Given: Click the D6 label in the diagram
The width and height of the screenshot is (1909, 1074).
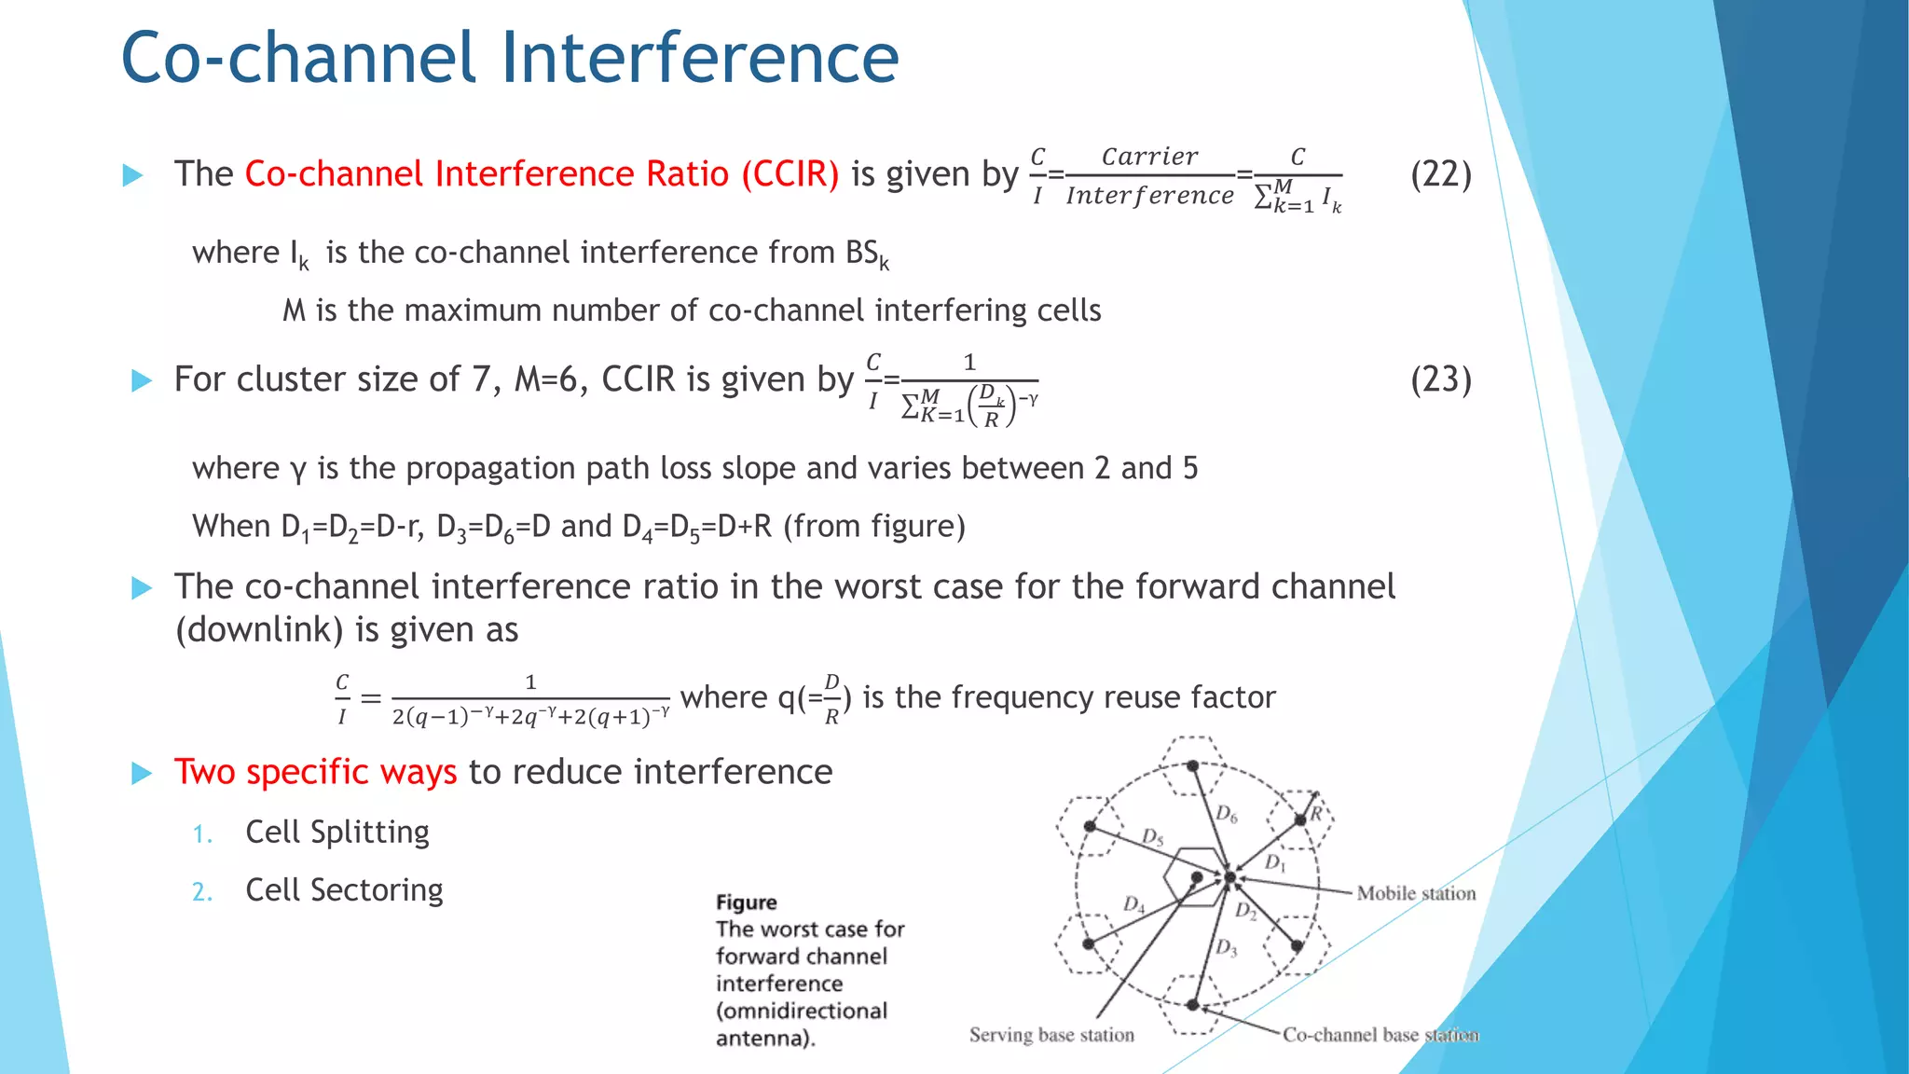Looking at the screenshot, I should click(1227, 814).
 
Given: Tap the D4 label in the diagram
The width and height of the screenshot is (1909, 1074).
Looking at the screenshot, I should click(1133, 903).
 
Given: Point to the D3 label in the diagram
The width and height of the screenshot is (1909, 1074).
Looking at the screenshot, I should click(1227, 948).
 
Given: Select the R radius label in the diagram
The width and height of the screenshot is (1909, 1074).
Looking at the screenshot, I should click(1317, 813).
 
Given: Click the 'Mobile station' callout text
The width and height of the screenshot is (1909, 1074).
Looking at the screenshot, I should click(1416, 893).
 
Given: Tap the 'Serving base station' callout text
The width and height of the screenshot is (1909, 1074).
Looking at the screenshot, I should click(1051, 1035).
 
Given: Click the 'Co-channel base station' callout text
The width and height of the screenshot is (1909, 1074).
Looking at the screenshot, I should click(1380, 1035).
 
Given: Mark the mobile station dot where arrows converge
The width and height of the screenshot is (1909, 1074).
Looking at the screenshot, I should click(1230, 877).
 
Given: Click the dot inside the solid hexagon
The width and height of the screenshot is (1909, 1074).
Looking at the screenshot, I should click(1197, 877).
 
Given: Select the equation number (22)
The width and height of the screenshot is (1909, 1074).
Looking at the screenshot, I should click(1440, 174).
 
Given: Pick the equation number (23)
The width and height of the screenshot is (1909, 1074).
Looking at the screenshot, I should click(1440, 379).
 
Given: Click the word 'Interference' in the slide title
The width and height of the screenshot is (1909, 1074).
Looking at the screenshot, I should click(700, 58).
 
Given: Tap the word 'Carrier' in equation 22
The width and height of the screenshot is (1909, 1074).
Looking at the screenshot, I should click(1150, 157).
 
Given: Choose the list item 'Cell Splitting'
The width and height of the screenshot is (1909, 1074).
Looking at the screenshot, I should click(337, 832).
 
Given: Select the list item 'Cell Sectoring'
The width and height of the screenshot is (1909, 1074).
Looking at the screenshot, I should click(344, 890).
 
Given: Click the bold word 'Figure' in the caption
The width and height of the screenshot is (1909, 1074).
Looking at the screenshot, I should click(746, 902).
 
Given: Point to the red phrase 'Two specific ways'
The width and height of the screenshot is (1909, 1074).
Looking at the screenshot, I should click(315, 772).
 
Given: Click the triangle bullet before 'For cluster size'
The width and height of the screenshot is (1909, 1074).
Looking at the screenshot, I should click(142, 380).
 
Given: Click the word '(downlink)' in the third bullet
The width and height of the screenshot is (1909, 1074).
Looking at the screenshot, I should click(260, 630).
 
